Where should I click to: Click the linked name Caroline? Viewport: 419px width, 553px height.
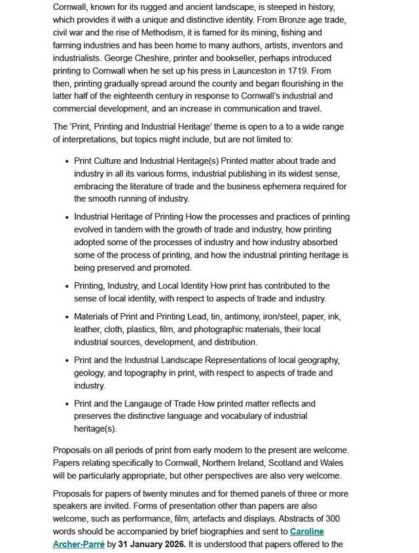[307, 531]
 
